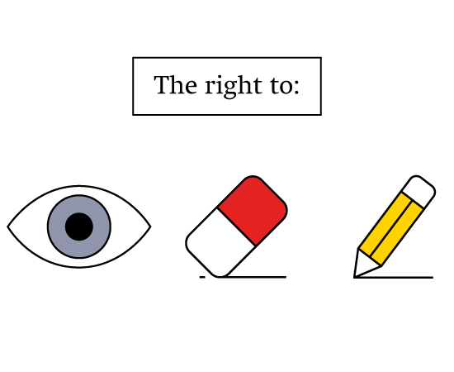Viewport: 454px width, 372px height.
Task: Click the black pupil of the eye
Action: click(x=79, y=227)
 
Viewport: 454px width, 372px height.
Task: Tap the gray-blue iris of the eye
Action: click(x=55, y=227)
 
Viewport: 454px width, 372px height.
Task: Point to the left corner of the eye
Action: click(x=7, y=227)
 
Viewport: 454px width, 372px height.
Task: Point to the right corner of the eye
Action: click(x=150, y=227)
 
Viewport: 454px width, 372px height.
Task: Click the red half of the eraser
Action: click(x=253, y=209)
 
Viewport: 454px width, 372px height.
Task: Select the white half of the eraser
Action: click(x=220, y=243)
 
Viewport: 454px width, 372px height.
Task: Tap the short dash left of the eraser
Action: click(x=202, y=278)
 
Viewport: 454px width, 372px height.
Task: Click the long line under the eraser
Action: click(x=253, y=277)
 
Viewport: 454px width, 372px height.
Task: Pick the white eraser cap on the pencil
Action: click(x=419, y=191)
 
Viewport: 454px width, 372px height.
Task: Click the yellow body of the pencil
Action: click(x=391, y=229)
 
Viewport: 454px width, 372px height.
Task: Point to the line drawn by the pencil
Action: click(x=394, y=278)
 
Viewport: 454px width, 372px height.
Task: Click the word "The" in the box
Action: click(x=176, y=84)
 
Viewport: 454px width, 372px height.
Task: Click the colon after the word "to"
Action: click(x=296, y=88)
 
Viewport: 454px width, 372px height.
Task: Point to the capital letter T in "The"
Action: click(x=162, y=84)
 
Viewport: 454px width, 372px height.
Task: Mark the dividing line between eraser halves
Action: click(x=236, y=227)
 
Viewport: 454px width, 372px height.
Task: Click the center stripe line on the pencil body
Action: click(x=391, y=229)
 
